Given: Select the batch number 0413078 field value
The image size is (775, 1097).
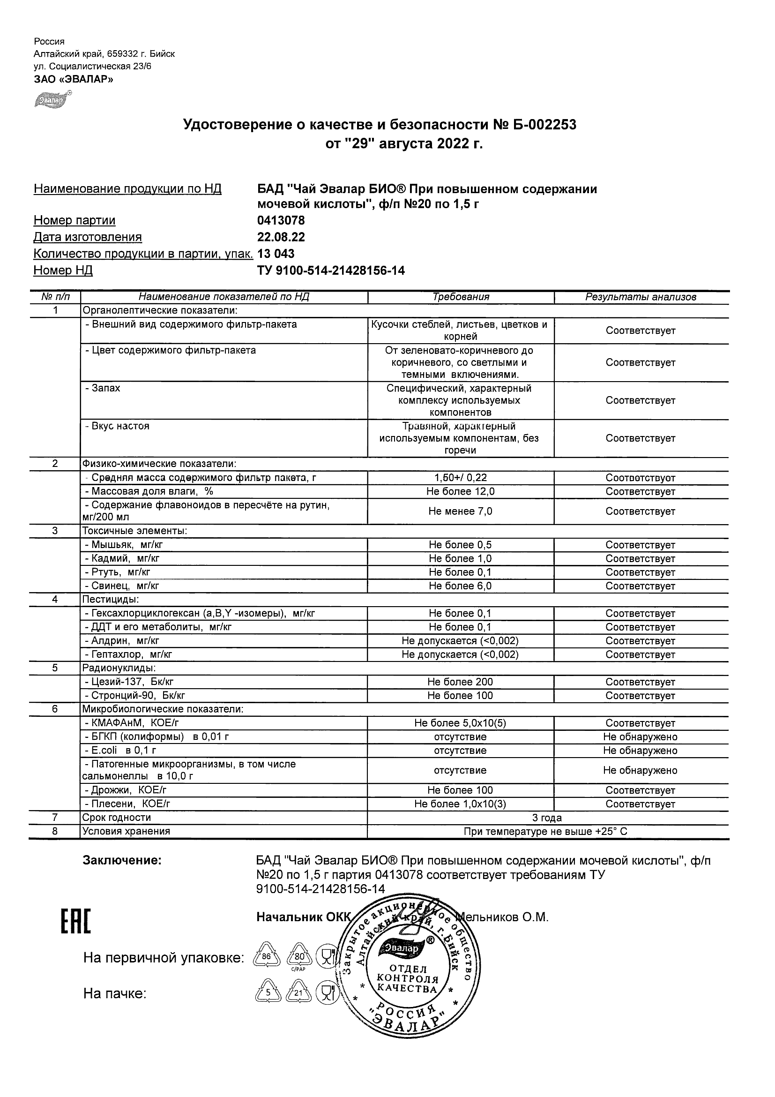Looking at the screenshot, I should point(281,221).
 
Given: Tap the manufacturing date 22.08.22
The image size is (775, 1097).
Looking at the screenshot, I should point(281,238).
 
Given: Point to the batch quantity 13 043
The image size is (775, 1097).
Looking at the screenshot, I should point(276,254).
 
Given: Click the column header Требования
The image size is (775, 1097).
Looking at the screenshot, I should point(460,297).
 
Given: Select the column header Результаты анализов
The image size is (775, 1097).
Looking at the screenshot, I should point(641,297).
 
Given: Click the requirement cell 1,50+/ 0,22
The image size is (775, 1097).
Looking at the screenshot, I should point(460,478).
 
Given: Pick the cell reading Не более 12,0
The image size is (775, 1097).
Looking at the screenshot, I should point(460,492).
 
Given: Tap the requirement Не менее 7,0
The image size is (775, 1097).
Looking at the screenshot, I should point(460,511).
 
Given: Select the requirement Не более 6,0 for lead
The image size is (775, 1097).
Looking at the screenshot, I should point(460,586).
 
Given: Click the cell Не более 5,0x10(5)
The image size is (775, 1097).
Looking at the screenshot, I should point(460,723).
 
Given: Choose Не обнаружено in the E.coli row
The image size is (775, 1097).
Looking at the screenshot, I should point(641,751).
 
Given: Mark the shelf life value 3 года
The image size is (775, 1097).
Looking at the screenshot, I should point(547,818).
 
